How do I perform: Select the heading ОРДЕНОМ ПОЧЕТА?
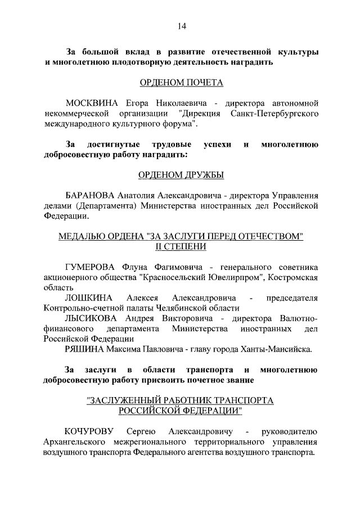pos(181,83)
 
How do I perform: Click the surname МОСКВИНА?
pos(91,103)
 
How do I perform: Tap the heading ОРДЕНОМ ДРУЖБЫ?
pos(181,175)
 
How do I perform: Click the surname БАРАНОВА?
pos(91,195)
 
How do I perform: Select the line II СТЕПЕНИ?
pos(181,246)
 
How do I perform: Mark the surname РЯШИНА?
pos(85,349)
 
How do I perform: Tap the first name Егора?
pos(132,103)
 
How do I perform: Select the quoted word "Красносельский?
pos(171,277)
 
